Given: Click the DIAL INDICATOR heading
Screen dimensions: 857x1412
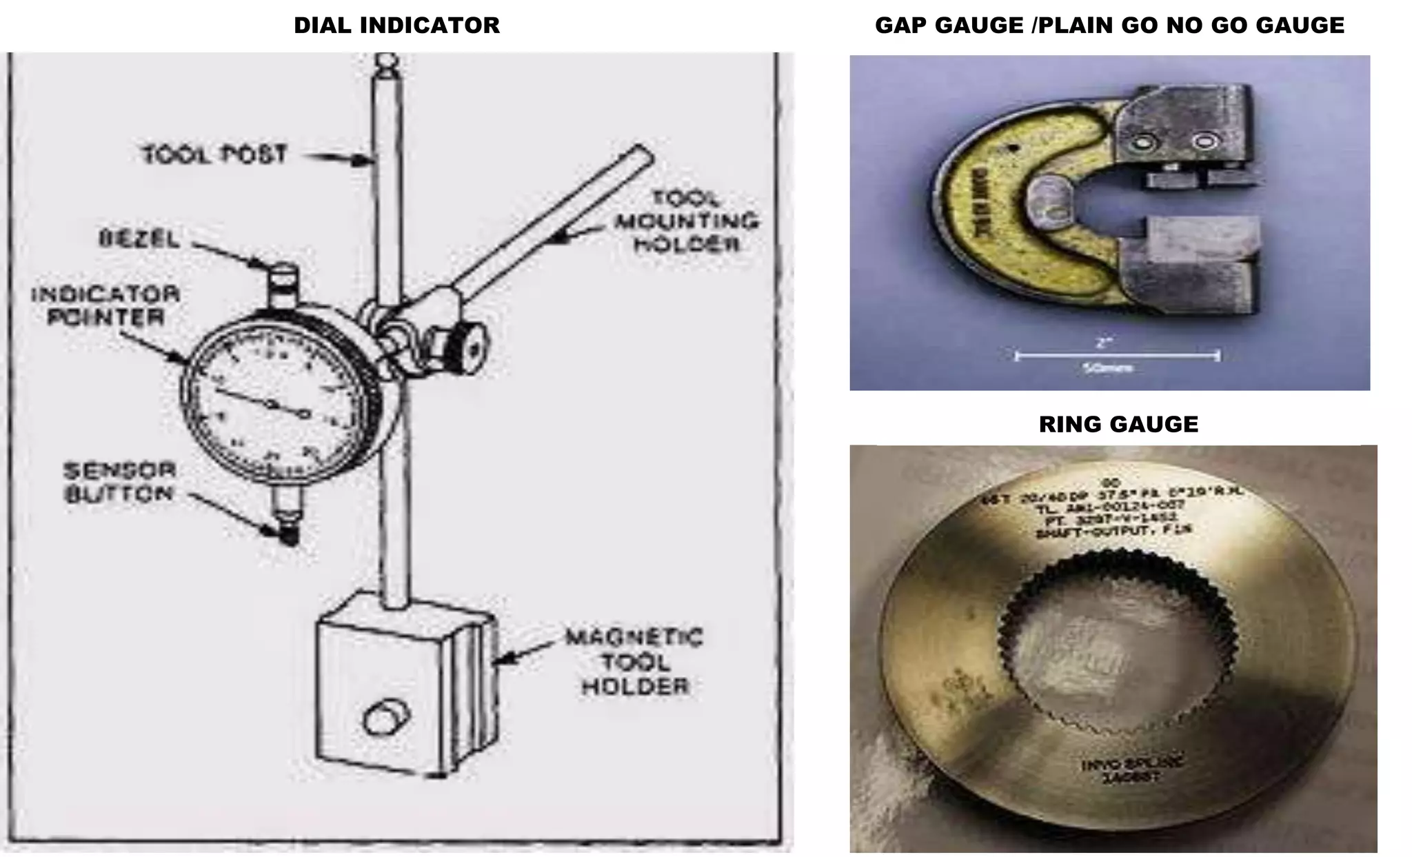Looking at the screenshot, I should coord(396,26).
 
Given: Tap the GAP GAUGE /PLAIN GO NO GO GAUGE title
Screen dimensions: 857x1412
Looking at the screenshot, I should coord(1109,26).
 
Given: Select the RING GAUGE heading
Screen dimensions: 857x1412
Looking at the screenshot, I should coord(1118,424).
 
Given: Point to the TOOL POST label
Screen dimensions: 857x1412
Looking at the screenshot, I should coord(214,154).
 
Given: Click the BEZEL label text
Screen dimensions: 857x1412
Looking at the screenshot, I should coord(139,239).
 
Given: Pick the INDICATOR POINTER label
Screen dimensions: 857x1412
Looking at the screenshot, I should coord(105,306).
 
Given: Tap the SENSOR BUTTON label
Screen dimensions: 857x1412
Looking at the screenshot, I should coord(119,482).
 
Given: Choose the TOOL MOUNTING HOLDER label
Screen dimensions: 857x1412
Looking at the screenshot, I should coord(687,221).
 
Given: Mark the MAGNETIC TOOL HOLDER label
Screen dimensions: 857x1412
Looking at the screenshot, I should coord(634,662).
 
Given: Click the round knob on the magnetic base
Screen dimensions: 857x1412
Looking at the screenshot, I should coord(379,719).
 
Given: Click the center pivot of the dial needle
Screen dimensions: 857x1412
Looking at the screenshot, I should coord(272,404).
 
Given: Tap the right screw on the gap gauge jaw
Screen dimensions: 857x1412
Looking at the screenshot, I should coord(1204,141).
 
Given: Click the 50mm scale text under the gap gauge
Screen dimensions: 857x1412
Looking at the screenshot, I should coord(1108,368).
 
